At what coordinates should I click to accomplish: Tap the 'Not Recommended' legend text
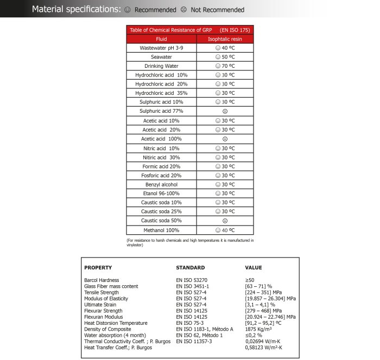(217, 10)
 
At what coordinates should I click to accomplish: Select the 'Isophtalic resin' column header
(225, 39)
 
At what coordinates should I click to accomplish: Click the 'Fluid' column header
(161, 39)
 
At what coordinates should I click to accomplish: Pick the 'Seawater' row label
(161, 57)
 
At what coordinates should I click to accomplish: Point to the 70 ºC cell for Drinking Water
(225, 66)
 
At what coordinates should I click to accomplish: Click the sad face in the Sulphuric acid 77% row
(225, 111)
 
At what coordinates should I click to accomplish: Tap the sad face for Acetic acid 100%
(225, 139)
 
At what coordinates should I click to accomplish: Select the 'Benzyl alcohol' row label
(161, 184)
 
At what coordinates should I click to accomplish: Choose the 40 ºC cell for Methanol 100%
(225, 230)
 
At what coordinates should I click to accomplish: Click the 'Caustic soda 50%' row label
(161, 221)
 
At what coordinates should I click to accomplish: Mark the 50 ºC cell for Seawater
(225, 57)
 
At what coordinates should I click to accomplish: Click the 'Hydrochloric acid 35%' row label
(161, 93)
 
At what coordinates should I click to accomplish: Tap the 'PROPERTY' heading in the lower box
(98, 268)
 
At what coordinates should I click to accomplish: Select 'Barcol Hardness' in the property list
(102, 280)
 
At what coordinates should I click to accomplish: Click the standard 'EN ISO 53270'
(192, 280)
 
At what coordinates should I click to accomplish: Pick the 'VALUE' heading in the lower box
(254, 268)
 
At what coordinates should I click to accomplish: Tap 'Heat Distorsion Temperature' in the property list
(116, 323)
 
